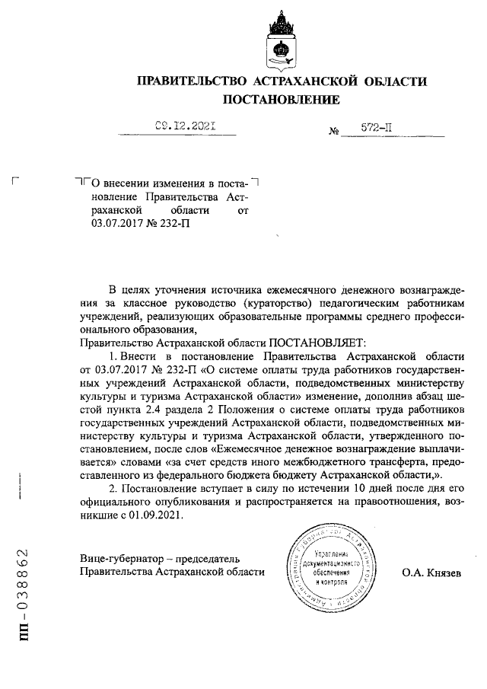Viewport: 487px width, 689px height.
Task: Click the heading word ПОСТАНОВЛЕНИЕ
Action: (281, 100)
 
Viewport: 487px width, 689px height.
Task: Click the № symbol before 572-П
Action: (333, 132)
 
